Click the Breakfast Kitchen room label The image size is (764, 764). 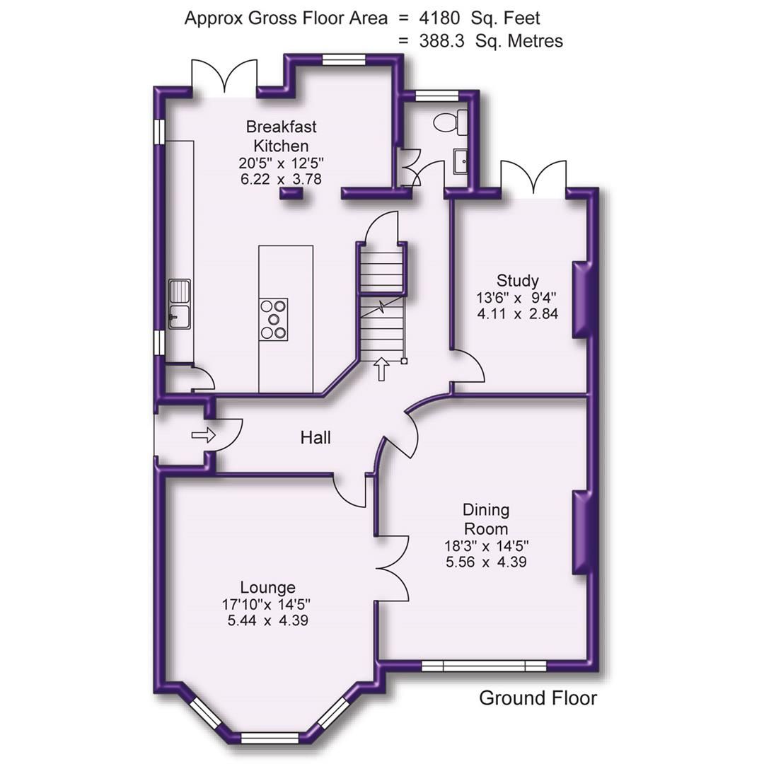(281, 136)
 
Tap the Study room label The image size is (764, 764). (517, 280)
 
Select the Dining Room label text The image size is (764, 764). (485, 519)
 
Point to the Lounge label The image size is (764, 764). (267, 587)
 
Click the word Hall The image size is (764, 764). (316, 438)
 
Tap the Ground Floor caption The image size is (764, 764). (538, 698)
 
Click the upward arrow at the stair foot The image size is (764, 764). (381, 369)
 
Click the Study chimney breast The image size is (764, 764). (581, 299)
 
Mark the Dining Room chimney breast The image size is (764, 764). (581, 531)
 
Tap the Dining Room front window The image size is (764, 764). (484, 666)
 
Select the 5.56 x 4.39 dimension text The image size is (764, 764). (485, 562)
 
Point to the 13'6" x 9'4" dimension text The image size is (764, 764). (517, 298)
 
